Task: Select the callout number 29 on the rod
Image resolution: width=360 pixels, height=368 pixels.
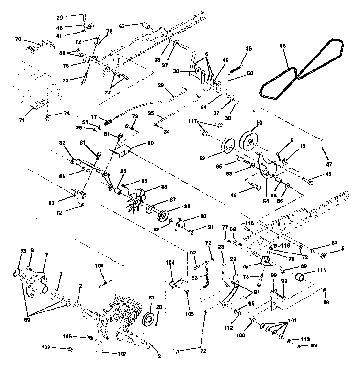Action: [x=161, y=85]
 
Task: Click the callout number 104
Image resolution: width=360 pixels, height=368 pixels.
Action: [x=171, y=263]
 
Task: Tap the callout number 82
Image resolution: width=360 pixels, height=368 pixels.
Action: [x=62, y=143]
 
